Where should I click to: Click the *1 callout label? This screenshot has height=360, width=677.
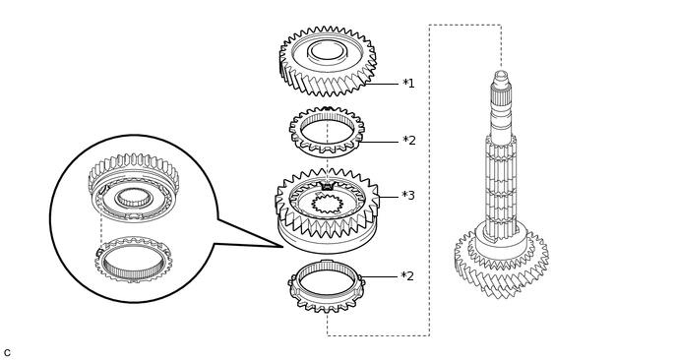tap(408, 85)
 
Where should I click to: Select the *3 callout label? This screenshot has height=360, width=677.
tap(407, 197)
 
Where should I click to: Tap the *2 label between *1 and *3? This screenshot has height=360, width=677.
tap(408, 142)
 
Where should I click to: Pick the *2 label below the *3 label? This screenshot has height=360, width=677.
tap(407, 277)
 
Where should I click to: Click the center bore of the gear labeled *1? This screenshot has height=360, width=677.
tap(327, 50)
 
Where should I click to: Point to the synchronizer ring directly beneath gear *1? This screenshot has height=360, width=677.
tap(327, 132)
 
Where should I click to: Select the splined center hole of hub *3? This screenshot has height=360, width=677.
tap(327, 205)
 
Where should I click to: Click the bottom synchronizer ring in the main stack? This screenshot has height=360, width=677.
tap(327, 285)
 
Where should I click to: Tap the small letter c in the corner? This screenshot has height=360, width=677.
tap(7, 353)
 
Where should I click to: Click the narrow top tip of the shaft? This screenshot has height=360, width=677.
tap(501, 76)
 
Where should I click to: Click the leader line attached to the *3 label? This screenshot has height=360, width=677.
tap(388, 197)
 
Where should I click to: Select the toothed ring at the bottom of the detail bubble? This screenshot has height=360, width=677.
tap(134, 261)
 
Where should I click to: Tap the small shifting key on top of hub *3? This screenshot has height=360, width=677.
tap(328, 186)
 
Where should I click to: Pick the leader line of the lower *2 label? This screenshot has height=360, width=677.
tap(379, 276)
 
